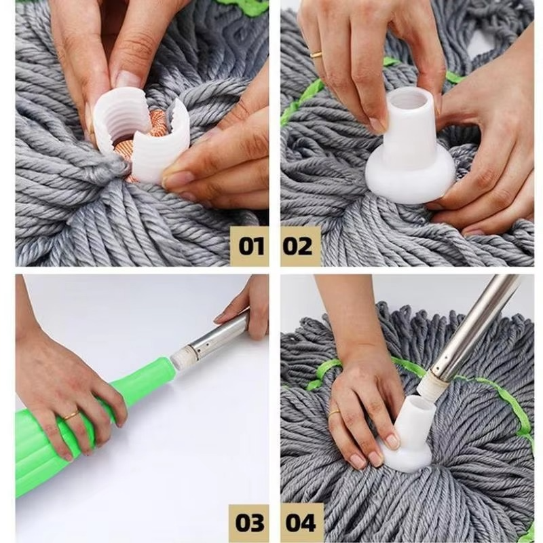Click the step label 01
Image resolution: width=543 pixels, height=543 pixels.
pos(249,245)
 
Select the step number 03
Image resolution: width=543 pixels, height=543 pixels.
pos(249,523)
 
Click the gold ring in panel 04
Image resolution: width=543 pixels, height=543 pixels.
pos(334,412)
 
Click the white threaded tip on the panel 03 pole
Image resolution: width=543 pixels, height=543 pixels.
pos(182,355)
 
